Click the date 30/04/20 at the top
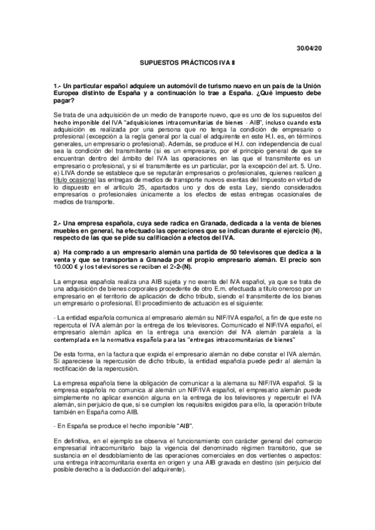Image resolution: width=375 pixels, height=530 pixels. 309,49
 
